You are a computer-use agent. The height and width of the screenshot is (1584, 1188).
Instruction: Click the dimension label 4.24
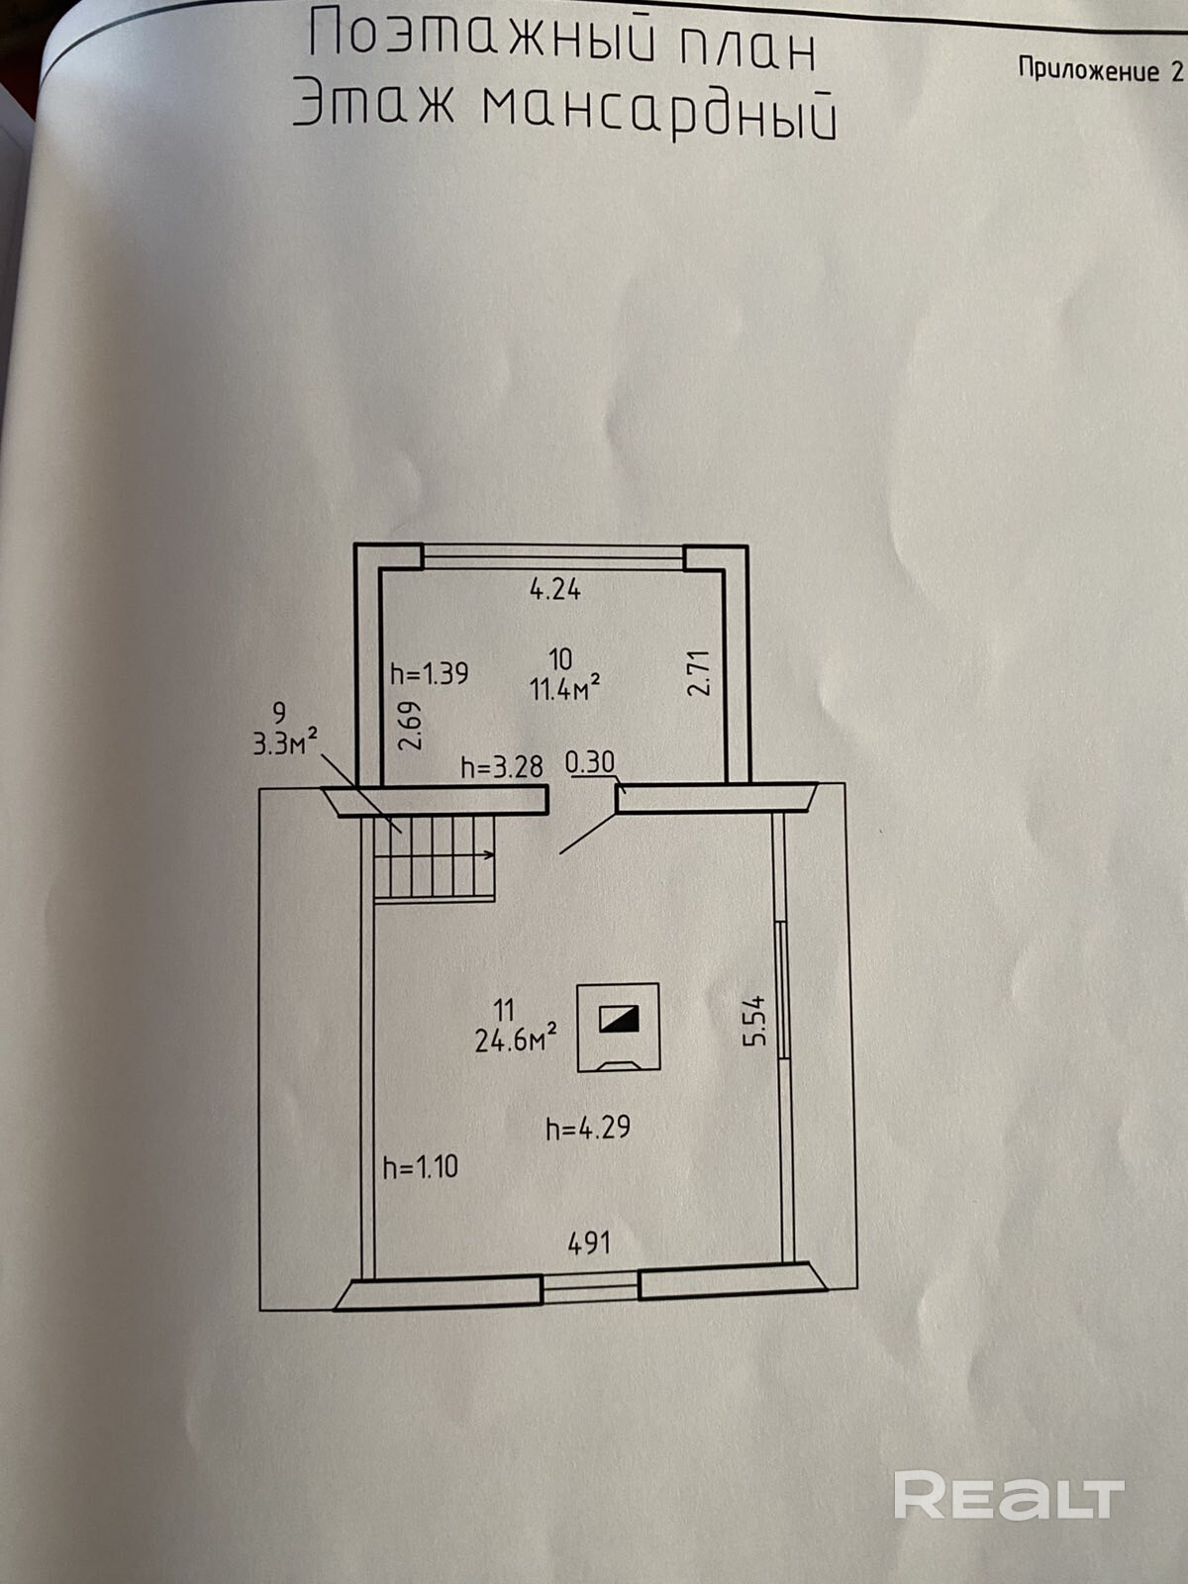coord(555,590)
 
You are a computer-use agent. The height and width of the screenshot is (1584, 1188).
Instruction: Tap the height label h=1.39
coord(429,674)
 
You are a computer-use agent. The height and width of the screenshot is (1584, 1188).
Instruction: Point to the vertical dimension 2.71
coord(699,673)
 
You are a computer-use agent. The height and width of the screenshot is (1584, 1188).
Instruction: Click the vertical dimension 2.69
coord(413,726)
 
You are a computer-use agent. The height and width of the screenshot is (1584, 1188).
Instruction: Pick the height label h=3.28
coord(502,767)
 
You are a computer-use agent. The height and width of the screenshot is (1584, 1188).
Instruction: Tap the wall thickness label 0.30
coord(590,762)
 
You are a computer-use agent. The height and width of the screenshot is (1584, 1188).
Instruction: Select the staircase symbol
coord(435,857)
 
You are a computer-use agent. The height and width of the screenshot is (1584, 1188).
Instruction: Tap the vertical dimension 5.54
coord(755,1021)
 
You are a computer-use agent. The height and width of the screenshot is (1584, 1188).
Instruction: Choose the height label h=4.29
coord(588,1128)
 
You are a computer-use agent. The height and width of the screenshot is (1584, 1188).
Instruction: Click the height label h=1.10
coord(421,1167)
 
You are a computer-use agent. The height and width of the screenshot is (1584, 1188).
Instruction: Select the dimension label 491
coord(589,1242)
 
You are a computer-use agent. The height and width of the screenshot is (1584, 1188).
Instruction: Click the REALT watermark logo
coord(1009,1495)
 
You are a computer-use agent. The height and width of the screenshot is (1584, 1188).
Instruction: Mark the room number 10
coord(560,659)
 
